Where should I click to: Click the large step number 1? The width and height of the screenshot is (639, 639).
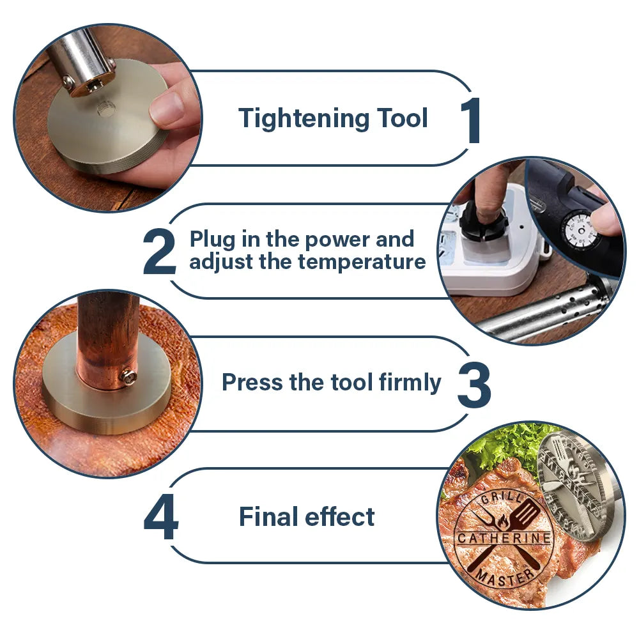tap(472, 121)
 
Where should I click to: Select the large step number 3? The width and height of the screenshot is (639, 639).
tap(474, 385)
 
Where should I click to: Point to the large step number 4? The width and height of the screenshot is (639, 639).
tap(161, 517)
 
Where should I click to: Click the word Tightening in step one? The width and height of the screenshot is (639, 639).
tap(304, 119)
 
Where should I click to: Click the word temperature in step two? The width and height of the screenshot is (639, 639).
tap(362, 262)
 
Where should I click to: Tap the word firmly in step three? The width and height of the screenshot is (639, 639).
tap(410, 383)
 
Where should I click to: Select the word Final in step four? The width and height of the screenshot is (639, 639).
tap(268, 516)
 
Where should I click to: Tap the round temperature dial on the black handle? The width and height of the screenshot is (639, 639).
tap(580, 231)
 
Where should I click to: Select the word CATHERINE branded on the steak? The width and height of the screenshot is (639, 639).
tap(504, 538)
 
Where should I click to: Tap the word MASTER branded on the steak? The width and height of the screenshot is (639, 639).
tap(505, 576)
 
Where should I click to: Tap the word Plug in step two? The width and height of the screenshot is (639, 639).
tap(212, 240)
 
